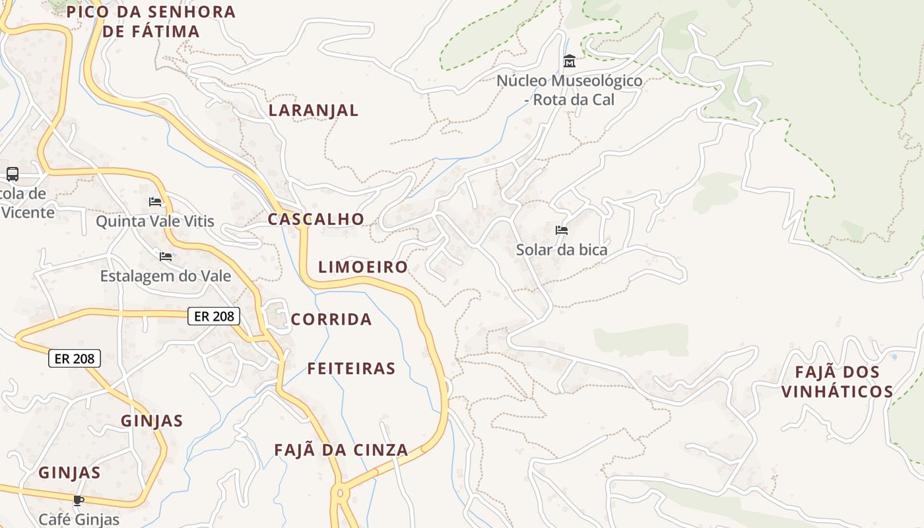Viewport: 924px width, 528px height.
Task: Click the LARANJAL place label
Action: click(x=313, y=110)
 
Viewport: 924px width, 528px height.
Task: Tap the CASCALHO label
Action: click(x=315, y=219)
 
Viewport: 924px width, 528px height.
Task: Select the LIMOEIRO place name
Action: click(x=363, y=267)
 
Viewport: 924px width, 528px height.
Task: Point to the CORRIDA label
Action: click(x=331, y=319)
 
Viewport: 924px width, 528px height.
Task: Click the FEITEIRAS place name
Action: click(x=351, y=369)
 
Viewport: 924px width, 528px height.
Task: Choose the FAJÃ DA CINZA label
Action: click(x=341, y=450)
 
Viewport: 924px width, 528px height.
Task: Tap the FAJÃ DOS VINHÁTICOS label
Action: click(x=837, y=382)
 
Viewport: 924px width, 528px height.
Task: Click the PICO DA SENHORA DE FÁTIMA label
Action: click(x=151, y=21)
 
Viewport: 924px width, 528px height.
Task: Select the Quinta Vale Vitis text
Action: click(x=155, y=221)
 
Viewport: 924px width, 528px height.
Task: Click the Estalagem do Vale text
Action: click(x=166, y=276)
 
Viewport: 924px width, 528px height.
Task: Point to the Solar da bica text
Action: click(x=562, y=250)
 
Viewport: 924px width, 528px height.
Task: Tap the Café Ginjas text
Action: click(x=79, y=519)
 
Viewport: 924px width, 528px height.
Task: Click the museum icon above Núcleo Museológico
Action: click(x=570, y=61)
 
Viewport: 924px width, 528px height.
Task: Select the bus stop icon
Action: click(x=13, y=174)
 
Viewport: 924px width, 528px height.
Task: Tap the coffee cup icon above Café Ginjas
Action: click(x=79, y=501)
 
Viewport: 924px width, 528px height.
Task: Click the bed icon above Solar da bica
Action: click(x=562, y=230)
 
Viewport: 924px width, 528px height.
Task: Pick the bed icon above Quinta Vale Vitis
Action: click(x=155, y=201)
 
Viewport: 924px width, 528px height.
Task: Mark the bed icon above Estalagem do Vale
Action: click(x=166, y=256)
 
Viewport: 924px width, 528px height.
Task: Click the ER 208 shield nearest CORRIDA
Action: click(x=214, y=316)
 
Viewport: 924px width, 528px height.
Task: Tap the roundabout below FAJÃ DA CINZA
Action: click(x=341, y=493)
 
